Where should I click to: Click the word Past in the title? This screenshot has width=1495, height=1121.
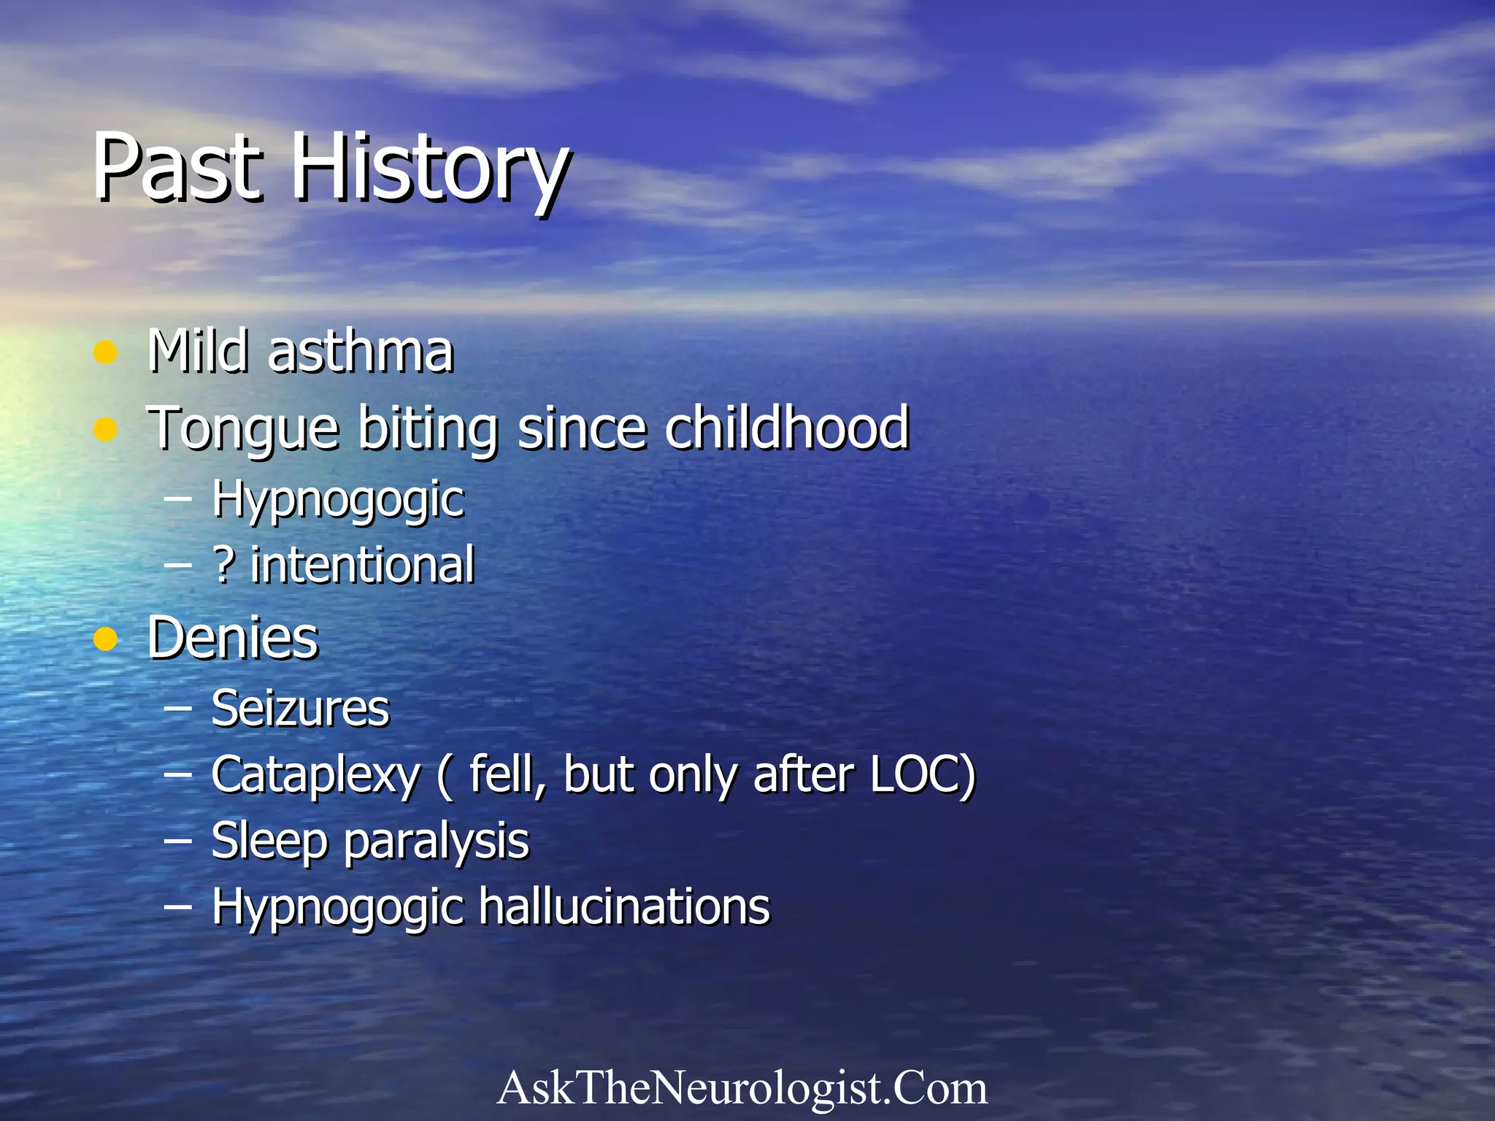click(x=177, y=168)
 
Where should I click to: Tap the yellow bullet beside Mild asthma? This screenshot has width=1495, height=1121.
click(x=106, y=353)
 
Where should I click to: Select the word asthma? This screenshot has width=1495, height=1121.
click(x=361, y=352)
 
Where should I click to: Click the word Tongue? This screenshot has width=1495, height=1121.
click(x=244, y=429)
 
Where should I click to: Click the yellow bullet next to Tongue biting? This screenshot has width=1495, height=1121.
click(x=106, y=429)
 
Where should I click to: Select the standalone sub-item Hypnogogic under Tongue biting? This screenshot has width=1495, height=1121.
click(x=338, y=501)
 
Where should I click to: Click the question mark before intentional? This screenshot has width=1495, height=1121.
click(x=223, y=566)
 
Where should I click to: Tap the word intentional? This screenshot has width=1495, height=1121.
click(x=363, y=566)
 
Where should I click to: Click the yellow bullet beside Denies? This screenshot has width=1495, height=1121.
click(x=106, y=639)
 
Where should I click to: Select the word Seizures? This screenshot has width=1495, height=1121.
click(x=301, y=709)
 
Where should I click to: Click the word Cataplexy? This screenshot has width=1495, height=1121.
click(x=315, y=775)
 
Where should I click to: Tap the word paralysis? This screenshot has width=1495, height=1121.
click(x=436, y=841)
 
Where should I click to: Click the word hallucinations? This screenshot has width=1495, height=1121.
click(x=624, y=907)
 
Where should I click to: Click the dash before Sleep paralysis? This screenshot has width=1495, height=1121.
click(x=178, y=841)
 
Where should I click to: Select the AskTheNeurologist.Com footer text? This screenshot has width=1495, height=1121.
click(x=742, y=1088)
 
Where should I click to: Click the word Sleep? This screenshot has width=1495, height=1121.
click(x=269, y=841)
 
